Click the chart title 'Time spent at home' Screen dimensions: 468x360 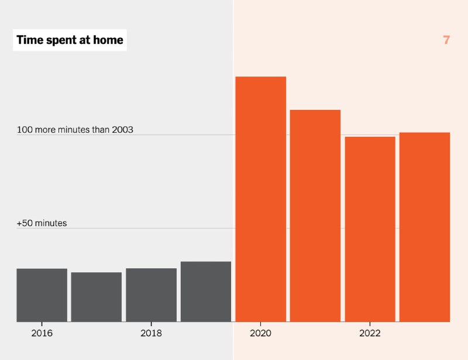pos(70,40)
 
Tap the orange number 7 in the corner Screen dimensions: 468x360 pos(446,40)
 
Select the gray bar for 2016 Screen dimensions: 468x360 pos(42,295)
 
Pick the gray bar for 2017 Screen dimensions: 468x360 pos(97,297)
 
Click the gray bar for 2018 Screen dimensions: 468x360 pos(152,295)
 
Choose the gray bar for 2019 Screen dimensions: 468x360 pos(206,292)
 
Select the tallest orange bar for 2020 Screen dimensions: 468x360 pos(261,199)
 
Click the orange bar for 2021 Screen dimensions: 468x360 pos(315,216)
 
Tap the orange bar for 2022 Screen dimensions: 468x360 pos(370,229)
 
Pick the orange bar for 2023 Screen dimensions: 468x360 pos(425,227)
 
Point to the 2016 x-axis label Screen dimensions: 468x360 pos(42,333)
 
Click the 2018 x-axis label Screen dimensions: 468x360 pos(152,333)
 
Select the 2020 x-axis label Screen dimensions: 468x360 pos(260,333)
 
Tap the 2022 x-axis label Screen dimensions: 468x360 pos(370,333)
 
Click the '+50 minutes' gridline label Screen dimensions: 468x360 pos(42,223)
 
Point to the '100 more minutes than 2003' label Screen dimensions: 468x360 pos(75,130)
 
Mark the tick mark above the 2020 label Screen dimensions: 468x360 pos(260,324)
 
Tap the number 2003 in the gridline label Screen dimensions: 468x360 pos(123,130)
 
